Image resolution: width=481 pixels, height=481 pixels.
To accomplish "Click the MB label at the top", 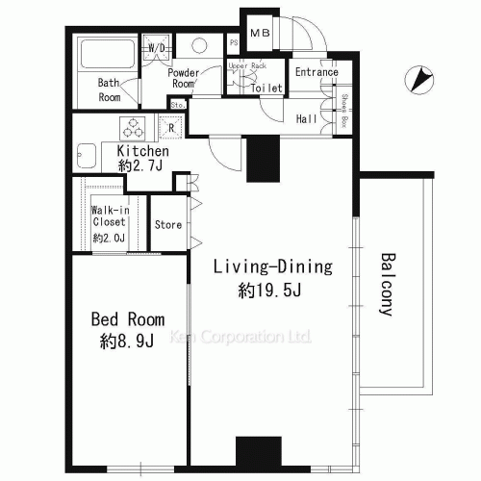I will click(260, 35).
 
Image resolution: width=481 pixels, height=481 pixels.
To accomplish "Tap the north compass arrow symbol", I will click(419, 81).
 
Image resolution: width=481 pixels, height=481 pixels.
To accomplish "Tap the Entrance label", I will click(316, 72).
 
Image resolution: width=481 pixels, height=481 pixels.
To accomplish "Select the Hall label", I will click(307, 118).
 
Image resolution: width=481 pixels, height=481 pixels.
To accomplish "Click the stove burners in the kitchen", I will click(132, 127).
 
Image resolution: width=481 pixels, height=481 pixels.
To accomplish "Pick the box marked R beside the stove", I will click(171, 127).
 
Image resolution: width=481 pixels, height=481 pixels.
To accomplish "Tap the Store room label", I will click(168, 225).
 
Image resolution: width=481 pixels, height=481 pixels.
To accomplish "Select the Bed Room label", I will click(127, 319).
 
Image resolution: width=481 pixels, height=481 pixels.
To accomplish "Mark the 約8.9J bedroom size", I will click(127, 342).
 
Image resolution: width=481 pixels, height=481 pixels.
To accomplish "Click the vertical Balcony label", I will click(387, 284).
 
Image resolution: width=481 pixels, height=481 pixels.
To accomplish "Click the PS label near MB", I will click(234, 41).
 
